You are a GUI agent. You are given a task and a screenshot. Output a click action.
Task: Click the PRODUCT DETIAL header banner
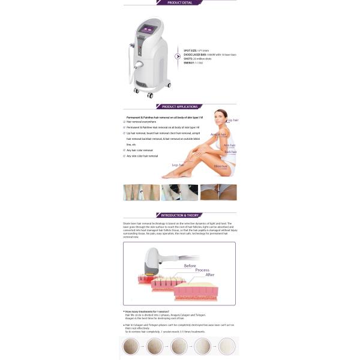pyautogui.click(x=179, y=2)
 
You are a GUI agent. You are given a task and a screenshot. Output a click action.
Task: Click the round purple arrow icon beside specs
pyautogui.click(x=178, y=56)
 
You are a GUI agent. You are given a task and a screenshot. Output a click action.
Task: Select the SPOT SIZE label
pyautogui.click(x=190, y=50)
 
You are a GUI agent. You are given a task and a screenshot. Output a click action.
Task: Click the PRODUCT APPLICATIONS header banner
pyautogui.click(x=179, y=107)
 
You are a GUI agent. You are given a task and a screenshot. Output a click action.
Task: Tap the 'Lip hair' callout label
pyautogui.click(x=233, y=120)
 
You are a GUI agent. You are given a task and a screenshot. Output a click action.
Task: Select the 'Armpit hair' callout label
pyautogui.click(x=218, y=134)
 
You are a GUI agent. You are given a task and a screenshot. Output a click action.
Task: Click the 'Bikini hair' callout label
pyautogui.click(x=221, y=166)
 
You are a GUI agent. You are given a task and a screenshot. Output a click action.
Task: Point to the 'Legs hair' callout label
pyautogui.click(x=178, y=164)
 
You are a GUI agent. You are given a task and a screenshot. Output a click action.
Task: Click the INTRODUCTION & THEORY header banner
pyautogui.click(x=179, y=215)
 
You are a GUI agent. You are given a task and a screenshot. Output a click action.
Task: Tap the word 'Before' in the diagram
pyautogui.click(x=190, y=265)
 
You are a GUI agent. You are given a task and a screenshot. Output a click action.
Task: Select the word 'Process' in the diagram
pyautogui.click(x=202, y=271)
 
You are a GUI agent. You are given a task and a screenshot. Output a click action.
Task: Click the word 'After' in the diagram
pyautogui.click(x=210, y=275)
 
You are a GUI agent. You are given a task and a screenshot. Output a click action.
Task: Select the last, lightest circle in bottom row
pyautogui.click(x=227, y=346)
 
